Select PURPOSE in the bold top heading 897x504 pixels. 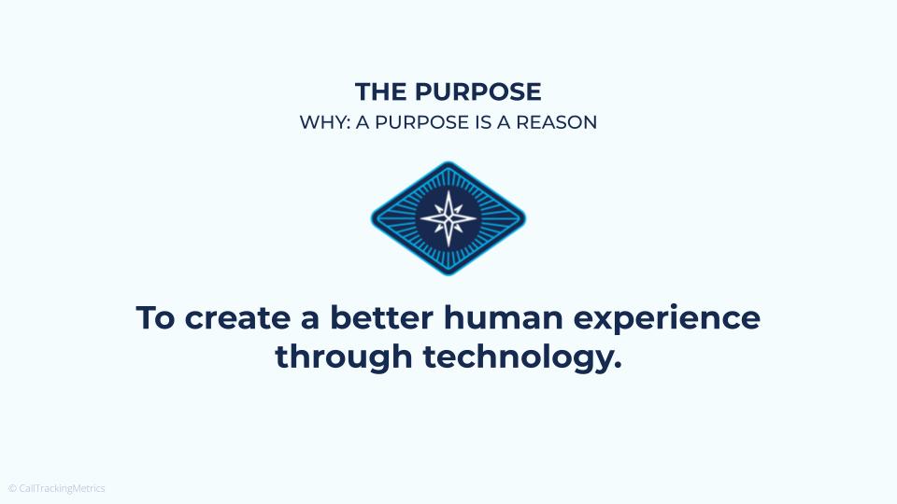[477, 92]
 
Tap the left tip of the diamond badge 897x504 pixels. [373, 218]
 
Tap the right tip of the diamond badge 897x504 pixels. [524, 218]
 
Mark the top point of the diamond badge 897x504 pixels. [448, 163]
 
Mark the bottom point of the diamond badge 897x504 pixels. [448, 273]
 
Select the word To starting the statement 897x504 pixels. [157, 318]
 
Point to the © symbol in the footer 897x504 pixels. [12, 488]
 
